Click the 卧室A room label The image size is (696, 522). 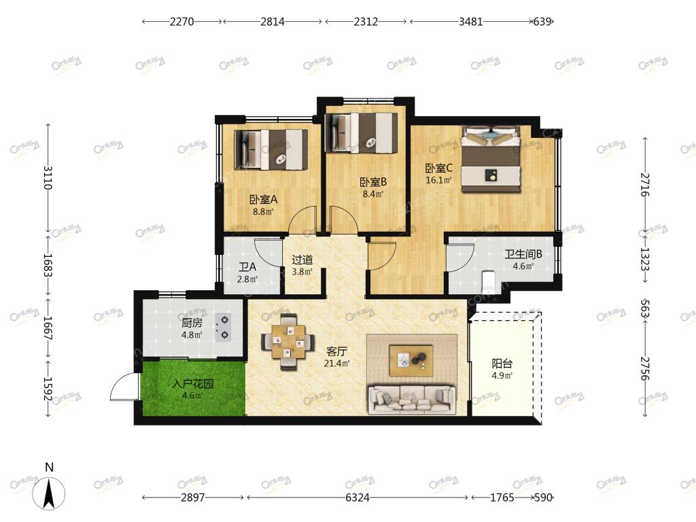click(x=263, y=200)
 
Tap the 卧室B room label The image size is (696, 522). click(x=373, y=182)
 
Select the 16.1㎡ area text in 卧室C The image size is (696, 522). click(x=438, y=180)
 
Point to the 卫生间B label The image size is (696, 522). click(x=523, y=254)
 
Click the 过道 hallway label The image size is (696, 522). click(x=302, y=260)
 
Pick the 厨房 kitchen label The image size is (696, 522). click(x=192, y=323)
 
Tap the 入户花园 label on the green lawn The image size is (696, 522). click(x=192, y=383)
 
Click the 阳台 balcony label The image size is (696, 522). click(x=502, y=364)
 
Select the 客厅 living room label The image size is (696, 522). click(x=336, y=351)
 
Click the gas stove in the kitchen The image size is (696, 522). click(x=223, y=328)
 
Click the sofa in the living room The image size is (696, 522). click(x=411, y=400)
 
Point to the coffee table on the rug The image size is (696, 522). click(x=411, y=360)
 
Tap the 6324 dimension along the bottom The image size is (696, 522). click(x=358, y=498)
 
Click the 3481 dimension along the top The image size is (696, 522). click(x=470, y=21)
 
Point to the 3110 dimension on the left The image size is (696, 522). click(x=48, y=177)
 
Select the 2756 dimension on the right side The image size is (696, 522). click(x=645, y=368)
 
